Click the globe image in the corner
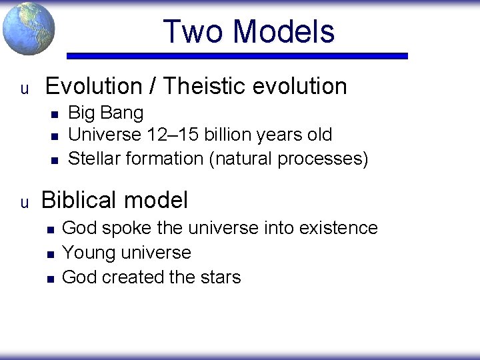coord(28,29)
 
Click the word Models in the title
coord(285,31)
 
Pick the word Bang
coord(124,113)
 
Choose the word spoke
coord(127,228)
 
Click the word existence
coord(339,228)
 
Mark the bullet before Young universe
coord(49,254)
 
